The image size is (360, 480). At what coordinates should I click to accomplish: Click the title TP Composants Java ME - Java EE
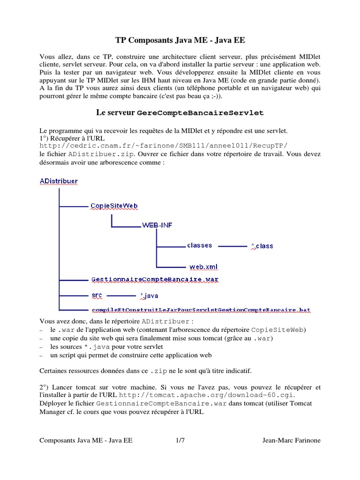[180, 40]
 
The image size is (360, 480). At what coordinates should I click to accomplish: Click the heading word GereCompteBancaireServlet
[201, 113]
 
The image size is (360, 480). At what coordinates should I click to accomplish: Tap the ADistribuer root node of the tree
[59, 180]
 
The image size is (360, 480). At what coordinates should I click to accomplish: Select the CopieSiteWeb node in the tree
[114, 206]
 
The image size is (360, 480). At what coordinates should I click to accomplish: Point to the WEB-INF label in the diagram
[157, 225]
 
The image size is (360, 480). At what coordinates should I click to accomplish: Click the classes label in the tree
[199, 245]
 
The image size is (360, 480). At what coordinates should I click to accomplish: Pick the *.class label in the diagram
[262, 246]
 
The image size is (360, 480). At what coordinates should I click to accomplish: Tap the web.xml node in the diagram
[203, 267]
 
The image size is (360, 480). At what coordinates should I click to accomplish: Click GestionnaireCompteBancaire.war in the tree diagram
[155, 279]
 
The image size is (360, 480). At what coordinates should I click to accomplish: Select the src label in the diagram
[97, 295]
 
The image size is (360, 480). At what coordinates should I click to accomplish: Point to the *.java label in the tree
[150, 296]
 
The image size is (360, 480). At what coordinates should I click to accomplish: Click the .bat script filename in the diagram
[201, 310]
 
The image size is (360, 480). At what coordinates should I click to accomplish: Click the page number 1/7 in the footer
[180, 441]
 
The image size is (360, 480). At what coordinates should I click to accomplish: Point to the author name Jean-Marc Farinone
[291, 441]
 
